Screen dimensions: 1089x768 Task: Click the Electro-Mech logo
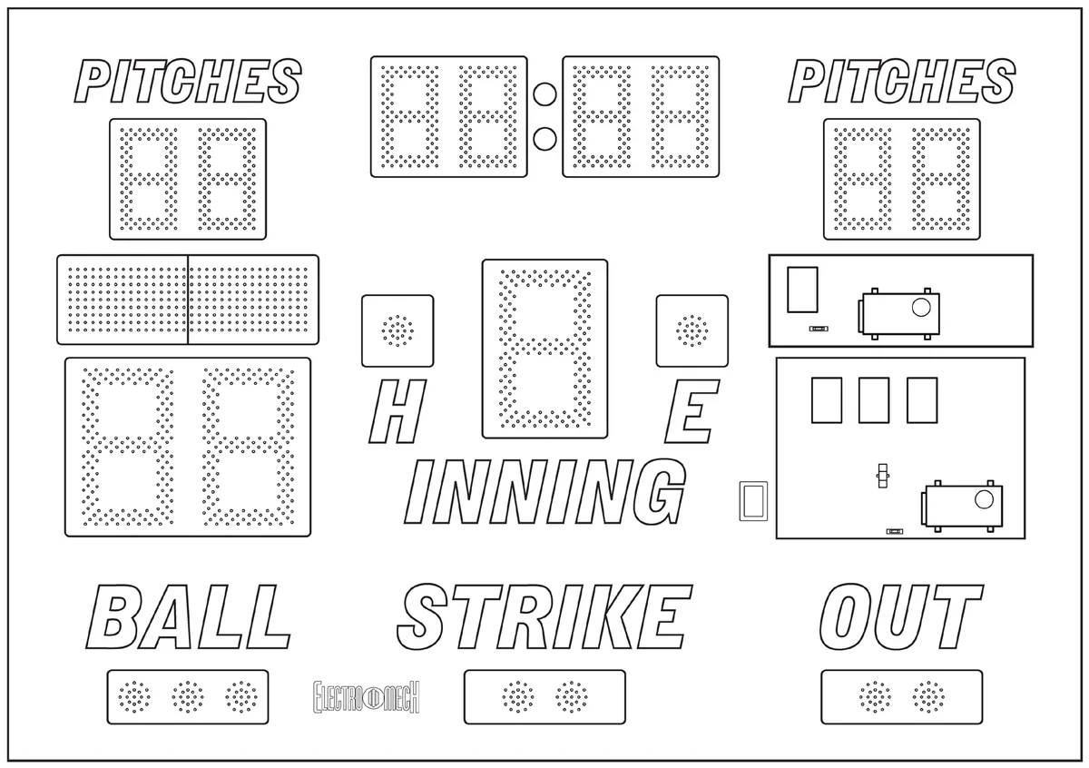(x=366, y=697)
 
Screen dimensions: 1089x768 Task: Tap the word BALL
(x=189, y=616)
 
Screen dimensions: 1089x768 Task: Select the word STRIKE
(x=544, y=616)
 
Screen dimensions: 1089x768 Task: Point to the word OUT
(x=901, y=616)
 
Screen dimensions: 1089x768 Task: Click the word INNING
(x=545, y=492)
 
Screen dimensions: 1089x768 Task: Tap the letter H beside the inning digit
(x=397, y=411)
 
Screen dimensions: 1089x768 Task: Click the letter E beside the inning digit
(x=692, y=411)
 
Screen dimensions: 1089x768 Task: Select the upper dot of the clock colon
(x=544, y=94)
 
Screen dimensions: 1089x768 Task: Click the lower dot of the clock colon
(x=544, y=139)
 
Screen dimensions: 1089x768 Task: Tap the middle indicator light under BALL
(x=188, y=697)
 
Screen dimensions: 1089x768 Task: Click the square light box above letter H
(x=397, y=330)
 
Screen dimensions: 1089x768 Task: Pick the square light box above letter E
(x=692, y=330)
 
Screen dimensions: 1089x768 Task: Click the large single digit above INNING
(x=544, y=349)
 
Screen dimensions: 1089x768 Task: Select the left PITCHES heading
(x=188, y=81)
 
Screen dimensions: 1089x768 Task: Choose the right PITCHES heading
(x=902, y=81)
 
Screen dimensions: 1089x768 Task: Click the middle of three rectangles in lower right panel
(x=874, y=400)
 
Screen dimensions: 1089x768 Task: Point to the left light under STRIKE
(x=518, y=697)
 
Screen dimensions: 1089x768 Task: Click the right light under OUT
(x=928, y=697)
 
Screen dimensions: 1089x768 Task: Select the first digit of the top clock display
(x=409, y=117)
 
